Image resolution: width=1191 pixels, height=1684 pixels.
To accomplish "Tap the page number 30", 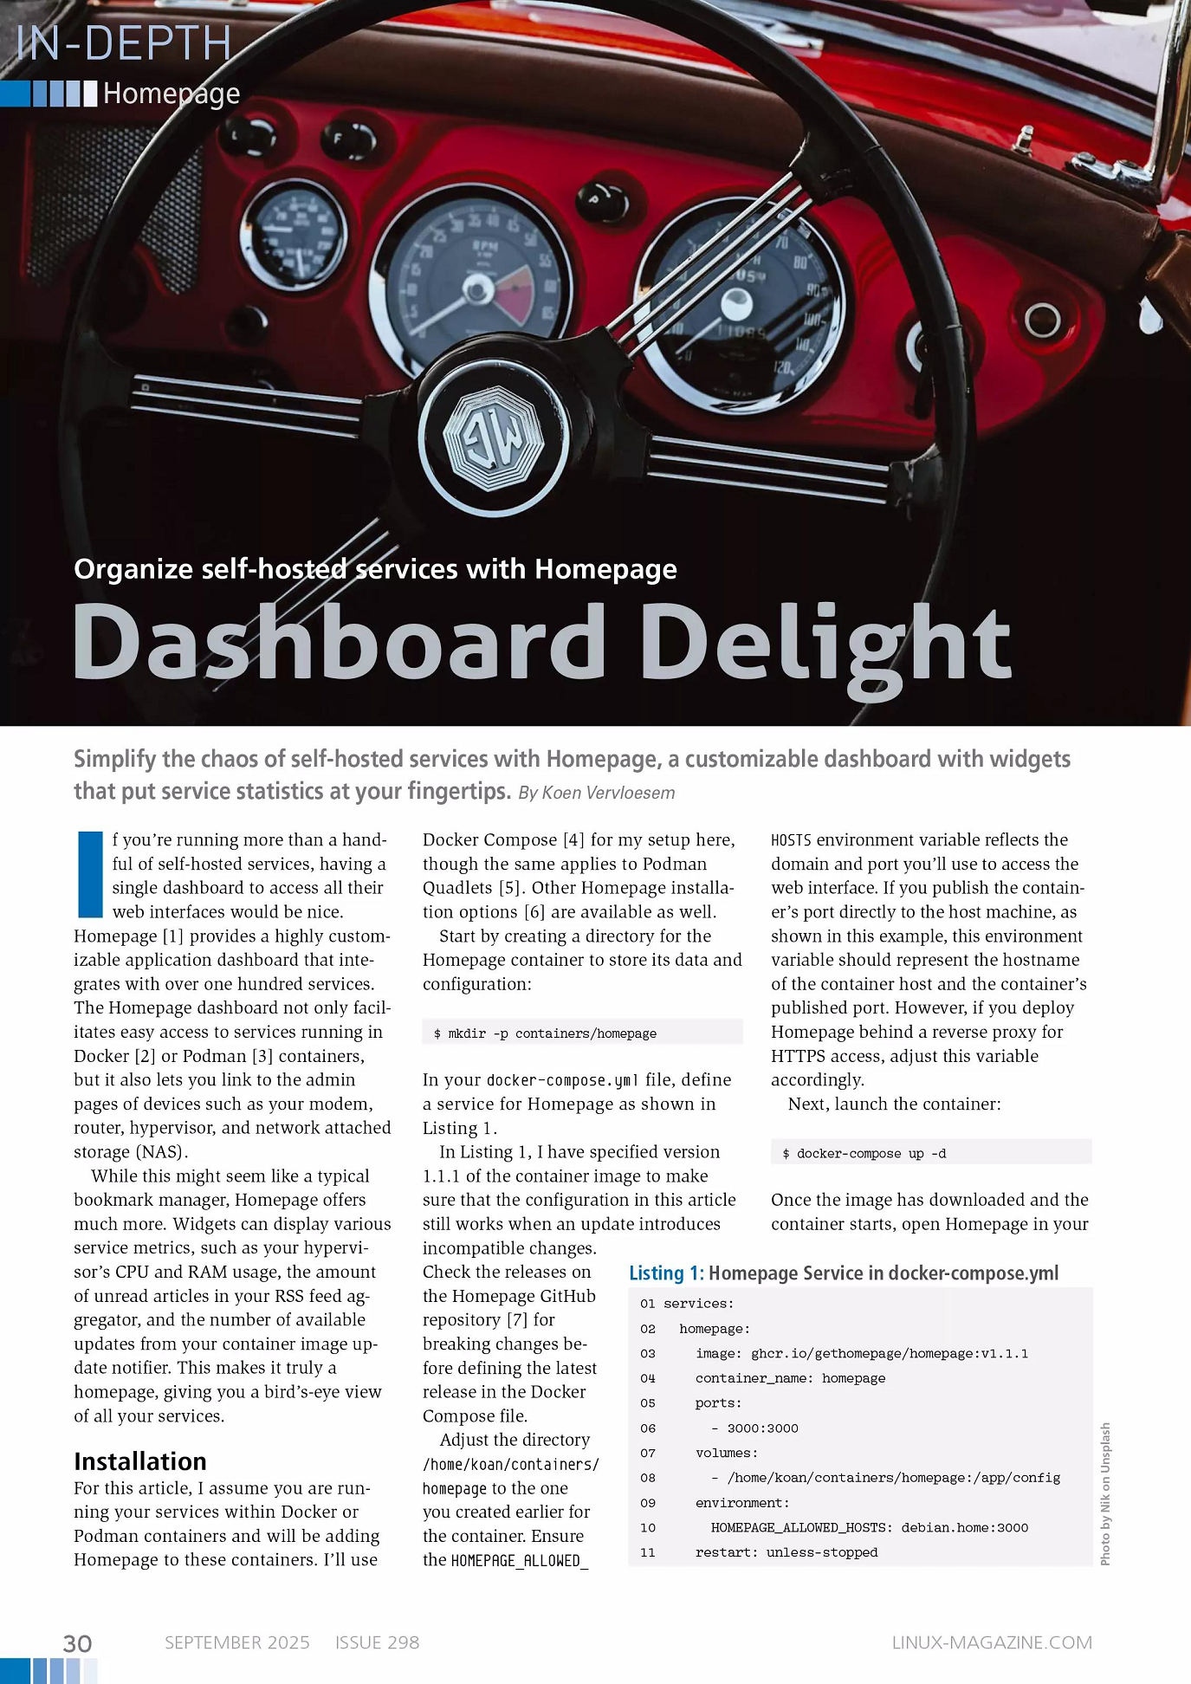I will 77,1643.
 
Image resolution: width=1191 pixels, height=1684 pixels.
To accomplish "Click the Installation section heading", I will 139,1461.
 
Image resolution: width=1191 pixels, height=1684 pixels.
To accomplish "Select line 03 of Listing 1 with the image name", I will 861,1353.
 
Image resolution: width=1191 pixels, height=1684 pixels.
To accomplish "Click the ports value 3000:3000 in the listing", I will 762,1428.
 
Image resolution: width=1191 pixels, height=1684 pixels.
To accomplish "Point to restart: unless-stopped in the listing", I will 786,1552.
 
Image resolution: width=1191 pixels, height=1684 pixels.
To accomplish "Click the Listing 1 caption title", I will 844,1273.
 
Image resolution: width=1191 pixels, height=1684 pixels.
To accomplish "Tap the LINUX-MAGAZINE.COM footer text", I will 992,1642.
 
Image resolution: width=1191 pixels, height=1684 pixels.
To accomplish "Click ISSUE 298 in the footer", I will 377,1642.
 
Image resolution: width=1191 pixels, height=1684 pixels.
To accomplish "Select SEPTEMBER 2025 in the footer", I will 236,1642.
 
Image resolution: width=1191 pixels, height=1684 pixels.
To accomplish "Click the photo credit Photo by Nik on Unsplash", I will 1105,1493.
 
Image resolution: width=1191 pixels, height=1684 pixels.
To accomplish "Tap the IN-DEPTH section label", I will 124,43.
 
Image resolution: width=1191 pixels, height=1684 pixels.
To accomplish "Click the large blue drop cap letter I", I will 90,874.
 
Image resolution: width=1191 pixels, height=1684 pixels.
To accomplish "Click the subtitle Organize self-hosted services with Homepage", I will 375,569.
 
